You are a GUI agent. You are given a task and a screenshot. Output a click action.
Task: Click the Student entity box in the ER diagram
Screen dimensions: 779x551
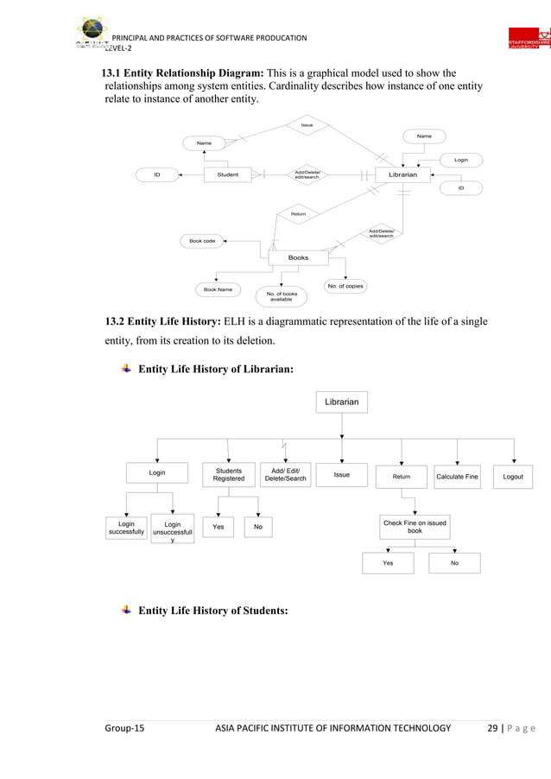click(227, 174)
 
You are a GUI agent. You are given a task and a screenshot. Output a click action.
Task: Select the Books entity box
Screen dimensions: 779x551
click(298, 257)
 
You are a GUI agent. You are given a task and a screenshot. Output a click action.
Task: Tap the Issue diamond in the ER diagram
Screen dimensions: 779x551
click(306, 126)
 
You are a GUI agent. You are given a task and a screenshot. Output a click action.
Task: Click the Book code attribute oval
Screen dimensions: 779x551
click(202, 241)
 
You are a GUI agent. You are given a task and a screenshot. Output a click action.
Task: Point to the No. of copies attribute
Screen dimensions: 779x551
click(345, 285)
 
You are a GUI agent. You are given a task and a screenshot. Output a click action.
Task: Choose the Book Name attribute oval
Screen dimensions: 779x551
click(217, 290)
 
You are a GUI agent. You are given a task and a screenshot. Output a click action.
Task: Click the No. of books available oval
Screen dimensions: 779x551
click(281, 296)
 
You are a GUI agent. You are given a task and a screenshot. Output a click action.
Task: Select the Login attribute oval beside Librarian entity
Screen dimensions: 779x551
click(460, 160)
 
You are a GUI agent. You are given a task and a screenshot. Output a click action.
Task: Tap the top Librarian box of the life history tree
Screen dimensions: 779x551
click(343, 402)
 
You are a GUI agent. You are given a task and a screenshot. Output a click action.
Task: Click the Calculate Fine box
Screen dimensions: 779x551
click(457, 476)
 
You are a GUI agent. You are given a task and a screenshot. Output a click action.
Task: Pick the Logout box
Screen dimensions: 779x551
click(513, 476)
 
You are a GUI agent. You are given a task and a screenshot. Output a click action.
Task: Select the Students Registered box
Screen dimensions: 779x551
click(229, 475)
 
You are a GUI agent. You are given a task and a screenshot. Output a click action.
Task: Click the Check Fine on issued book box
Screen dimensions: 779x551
click(415, 527)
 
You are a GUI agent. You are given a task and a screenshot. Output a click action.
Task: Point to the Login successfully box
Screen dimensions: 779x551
click(126, 528)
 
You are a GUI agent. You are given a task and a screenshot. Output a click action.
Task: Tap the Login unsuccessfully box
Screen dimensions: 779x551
click(173, 531)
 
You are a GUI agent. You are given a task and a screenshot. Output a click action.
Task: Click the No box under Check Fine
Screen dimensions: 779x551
click(454, 562)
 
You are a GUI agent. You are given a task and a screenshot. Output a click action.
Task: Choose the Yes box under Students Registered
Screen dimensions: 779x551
click(218, 527)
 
